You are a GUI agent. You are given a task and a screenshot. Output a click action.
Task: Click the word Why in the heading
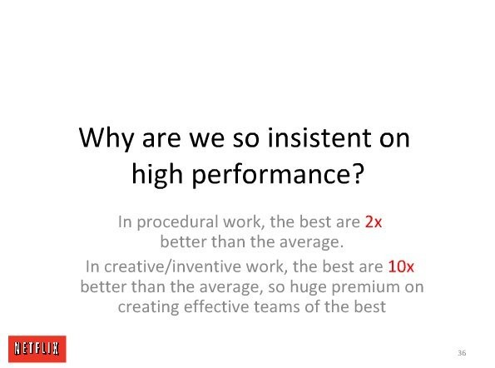(106, 138)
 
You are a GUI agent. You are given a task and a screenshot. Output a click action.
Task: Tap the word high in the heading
(157, 175)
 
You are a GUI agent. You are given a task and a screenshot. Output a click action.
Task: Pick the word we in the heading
(208, 140)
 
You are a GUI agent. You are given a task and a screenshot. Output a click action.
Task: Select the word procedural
(177, 222)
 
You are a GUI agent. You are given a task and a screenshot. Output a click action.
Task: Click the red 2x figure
(374, 221)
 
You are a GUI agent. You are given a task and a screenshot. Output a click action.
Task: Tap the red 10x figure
(401, 266)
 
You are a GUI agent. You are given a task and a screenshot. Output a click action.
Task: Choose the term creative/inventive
(173, 267)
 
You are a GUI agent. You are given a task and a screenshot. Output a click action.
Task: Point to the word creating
(148, 308)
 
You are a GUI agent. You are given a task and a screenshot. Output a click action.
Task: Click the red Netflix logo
(37, 349)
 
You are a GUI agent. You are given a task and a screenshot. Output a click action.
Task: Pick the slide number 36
(462, 353)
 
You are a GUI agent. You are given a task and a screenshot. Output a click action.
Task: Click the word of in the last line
(312, 306)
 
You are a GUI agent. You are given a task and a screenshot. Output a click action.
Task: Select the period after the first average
(341, 246)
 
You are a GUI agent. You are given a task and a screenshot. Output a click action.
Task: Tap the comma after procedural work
(263, 227)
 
